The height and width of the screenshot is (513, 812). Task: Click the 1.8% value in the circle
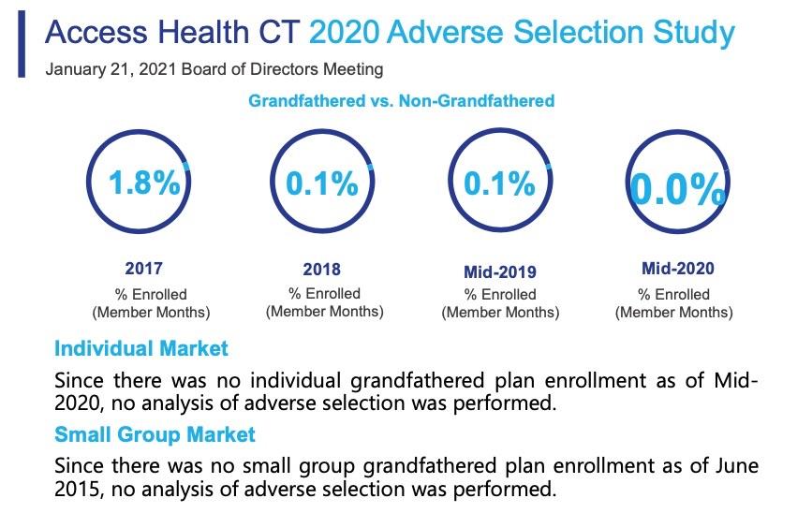tap(143, 183)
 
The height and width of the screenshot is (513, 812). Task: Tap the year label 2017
tap(143, 269)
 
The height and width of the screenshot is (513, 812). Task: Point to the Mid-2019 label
tap(500, 272)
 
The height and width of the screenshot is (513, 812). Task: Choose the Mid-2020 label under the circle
tap(677, 269)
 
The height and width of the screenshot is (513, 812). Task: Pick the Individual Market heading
tap(140, 349)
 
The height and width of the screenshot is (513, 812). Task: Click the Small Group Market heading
tap(155, 435)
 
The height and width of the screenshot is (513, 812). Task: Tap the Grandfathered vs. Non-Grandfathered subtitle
tap(401, 100)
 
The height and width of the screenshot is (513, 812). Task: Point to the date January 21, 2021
tap(108, 69)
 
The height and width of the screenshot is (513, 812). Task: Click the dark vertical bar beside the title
tap(22, 45)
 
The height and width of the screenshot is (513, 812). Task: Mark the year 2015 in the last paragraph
tap(79, 488)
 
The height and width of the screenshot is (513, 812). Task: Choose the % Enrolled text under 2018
tap(322, 294)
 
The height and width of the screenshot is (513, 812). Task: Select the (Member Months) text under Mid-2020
tap(674, 313)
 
